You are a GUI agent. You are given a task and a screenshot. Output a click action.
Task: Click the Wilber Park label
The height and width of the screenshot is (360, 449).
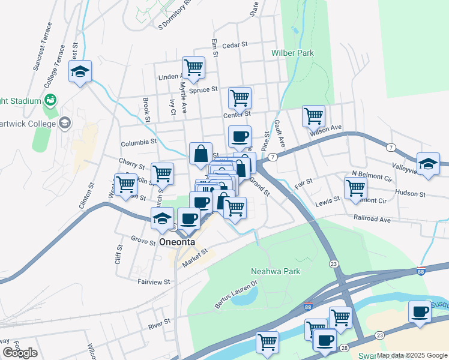pyautogui.click(x=292, y=53)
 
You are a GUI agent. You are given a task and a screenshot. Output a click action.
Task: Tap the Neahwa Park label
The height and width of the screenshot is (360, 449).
pyautogui.click(x=275, y=271)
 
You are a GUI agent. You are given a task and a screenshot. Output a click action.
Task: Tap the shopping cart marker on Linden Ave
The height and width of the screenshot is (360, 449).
pyautogui.click(x=193, y=68)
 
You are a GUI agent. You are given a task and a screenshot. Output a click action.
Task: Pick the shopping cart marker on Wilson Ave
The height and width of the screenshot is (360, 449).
pyautogui.click(x=313, y=116)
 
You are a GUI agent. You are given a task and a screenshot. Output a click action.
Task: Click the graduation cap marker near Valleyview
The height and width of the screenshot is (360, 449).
pyautogui.click(x=428, y=164)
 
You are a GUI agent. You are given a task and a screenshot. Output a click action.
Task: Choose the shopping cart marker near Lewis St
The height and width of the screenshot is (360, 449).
pyautogui.click(x=355, y=187)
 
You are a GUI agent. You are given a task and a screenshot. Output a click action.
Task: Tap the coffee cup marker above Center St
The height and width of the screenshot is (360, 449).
pyautogui.click(x=240, y=137)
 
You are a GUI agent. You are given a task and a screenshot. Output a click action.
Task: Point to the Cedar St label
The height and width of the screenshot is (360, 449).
pyautogui.click(x=235, y=45)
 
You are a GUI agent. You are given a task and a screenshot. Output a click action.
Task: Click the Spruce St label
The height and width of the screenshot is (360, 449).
pyautogui.click(x=203, y=90)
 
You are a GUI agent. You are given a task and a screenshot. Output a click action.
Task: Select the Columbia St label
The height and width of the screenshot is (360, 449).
pyautogui.click(x=138, y=143)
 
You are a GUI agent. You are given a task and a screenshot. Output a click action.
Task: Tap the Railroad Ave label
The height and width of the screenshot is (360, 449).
pyautogui.click(x=372, y=219)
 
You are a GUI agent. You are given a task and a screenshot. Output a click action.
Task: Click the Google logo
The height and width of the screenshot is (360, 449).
pyautogui.click(x=20, y=353)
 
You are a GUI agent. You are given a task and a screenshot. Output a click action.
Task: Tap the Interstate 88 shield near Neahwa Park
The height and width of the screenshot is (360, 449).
pyautogui.click(x=307, y=307)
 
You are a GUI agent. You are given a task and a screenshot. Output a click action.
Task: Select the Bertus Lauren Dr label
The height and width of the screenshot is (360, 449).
pyautogui.click(x=237, y=294)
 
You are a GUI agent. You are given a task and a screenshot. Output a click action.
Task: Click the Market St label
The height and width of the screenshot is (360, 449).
pyautogui.click(x=195, y=256)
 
